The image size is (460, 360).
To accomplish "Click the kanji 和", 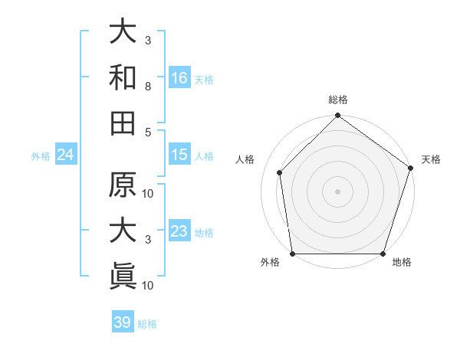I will point(123,78).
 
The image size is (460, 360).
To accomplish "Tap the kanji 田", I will point(123,123).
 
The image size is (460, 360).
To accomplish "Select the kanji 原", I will point(123,186).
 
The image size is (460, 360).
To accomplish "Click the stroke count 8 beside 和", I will point(147,88).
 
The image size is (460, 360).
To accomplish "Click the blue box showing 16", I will point(179,77).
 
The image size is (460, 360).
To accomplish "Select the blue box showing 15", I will point(179,155).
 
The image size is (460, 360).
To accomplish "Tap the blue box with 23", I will point(179,231).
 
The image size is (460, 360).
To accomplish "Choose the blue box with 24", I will point(65,155).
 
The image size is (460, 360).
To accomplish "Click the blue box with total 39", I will point(122,322).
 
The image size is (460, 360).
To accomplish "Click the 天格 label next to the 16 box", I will point(204,79).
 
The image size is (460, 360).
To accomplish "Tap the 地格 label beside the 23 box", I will point(204,233).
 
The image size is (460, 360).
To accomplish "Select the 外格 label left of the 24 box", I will point(41,156).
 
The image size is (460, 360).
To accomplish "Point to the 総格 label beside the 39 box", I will point(147,324).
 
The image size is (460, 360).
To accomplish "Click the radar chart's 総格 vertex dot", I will point(337,117).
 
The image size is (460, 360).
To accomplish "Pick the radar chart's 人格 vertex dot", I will point(280,172).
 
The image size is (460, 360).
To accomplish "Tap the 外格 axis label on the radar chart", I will point(270,263).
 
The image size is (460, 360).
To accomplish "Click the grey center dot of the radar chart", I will point(337,191).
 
